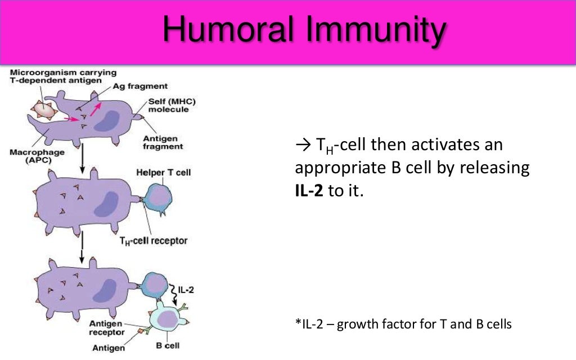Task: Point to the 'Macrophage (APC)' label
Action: [37, 157]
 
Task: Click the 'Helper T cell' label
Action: [164, 172]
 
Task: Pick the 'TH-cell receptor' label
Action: [154, 241]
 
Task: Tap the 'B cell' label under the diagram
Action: [168, 345]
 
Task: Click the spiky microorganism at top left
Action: [44, 110]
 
